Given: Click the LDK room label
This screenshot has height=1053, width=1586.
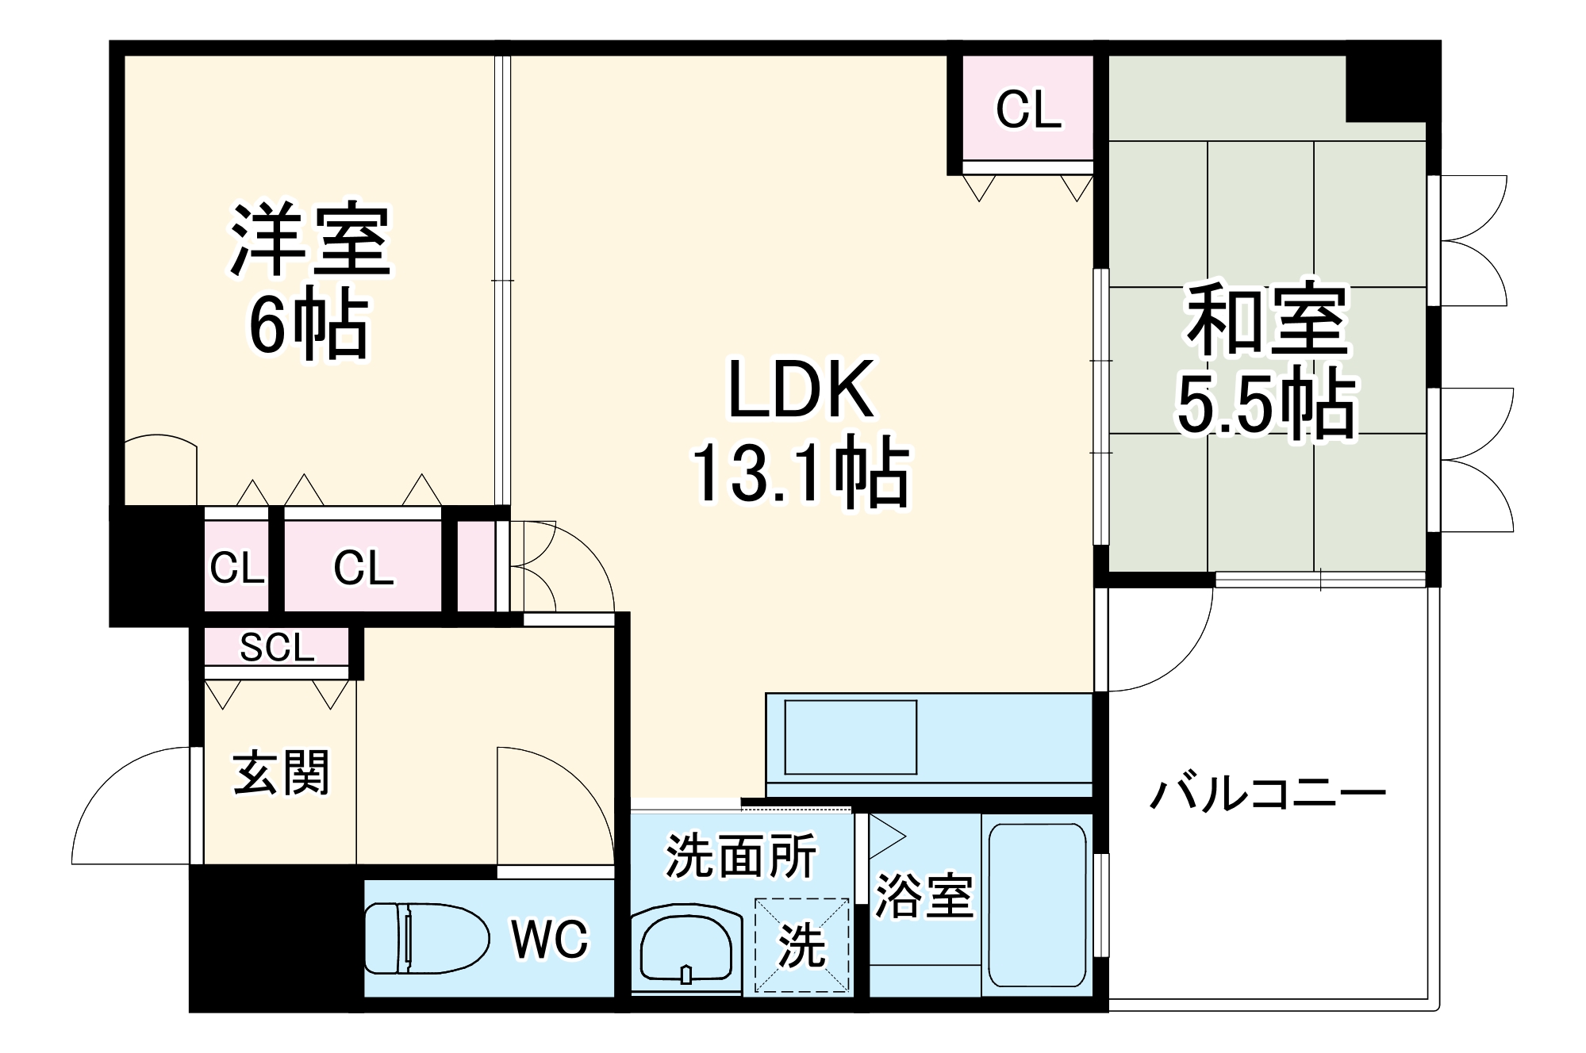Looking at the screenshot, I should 801,389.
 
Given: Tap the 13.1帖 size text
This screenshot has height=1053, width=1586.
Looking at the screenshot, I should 801,474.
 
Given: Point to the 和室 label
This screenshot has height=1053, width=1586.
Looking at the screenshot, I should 1267,320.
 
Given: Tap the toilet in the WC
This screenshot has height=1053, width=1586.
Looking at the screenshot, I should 426,937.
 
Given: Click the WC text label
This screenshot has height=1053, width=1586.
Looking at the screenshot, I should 550,940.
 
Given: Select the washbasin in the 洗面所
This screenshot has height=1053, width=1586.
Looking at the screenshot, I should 686,951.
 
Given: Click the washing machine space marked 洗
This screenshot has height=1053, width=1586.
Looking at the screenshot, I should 801,945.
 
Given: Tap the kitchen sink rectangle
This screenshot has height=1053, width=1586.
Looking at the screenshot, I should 851,737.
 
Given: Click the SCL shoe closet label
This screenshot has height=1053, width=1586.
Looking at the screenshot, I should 277,648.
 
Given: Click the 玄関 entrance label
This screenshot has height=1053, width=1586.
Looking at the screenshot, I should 281,772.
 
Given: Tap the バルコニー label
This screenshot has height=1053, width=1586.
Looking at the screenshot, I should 1268,794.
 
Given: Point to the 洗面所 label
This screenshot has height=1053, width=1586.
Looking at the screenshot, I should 741,856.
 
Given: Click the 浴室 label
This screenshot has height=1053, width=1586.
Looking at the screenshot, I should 924,896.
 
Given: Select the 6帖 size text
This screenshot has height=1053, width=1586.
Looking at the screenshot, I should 309,326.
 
